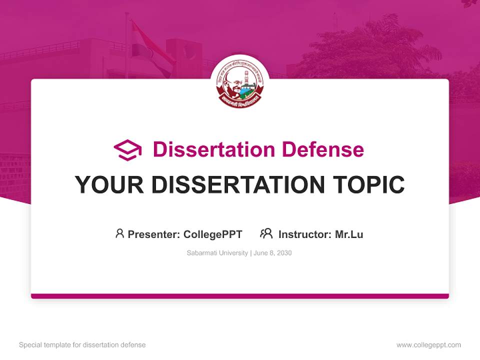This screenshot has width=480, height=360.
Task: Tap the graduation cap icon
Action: pos(127,150)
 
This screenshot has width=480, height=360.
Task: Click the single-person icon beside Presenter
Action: pos(119,233)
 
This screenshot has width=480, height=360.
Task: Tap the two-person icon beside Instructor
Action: pos(266,233)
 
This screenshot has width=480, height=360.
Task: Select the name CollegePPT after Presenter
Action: pos(213,234)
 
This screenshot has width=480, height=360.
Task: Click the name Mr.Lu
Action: pos(349,234)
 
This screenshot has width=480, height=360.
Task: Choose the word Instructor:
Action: pos(304,234)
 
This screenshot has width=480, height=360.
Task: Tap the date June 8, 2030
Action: pos(273,253)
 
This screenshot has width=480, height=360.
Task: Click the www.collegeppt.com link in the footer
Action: pos(428,345)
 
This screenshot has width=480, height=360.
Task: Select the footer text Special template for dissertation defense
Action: pos(82,345)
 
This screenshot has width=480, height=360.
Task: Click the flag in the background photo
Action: pos(150,47)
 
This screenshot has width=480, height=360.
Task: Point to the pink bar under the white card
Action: pos(239,296)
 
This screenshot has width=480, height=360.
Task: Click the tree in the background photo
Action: pos(370,50)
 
